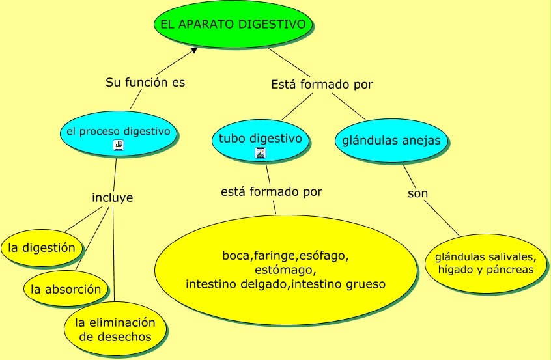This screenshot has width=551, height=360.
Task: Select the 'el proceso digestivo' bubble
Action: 118,133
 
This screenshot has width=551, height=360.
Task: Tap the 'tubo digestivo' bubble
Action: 260,140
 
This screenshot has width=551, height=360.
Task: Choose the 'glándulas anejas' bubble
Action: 391,141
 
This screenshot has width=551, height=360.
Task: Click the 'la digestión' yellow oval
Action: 42,248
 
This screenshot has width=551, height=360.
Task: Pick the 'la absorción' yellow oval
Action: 66,289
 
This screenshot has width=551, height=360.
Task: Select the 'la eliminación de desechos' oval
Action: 115,329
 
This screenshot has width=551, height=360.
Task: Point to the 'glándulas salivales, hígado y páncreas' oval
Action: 486,263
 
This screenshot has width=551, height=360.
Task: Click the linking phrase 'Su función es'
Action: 145,83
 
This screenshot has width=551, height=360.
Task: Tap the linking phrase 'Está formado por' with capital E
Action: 322,85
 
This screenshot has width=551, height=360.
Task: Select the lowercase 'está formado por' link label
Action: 272,192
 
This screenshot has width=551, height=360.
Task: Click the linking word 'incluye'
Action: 113,197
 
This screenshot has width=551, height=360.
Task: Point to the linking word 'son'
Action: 417,193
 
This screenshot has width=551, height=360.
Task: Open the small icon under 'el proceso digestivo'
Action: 118,145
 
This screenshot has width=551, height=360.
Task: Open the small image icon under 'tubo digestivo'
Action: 260,154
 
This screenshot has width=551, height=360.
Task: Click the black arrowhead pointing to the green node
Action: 194,49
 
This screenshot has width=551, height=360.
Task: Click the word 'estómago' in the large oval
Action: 285,270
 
